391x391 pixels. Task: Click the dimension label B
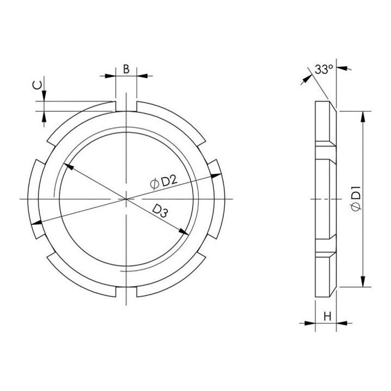click(127, 69)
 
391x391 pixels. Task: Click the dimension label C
click(37, 86)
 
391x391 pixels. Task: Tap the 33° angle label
click(324, 70)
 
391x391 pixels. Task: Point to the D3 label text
click(160, 211)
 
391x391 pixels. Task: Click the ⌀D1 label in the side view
click(356, 199)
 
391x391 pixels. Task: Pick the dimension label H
click(327, 317)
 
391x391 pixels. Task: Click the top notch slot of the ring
click(126, 106)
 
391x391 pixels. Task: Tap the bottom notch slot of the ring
click(126, 292)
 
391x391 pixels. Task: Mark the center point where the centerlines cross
click(127, 199)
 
